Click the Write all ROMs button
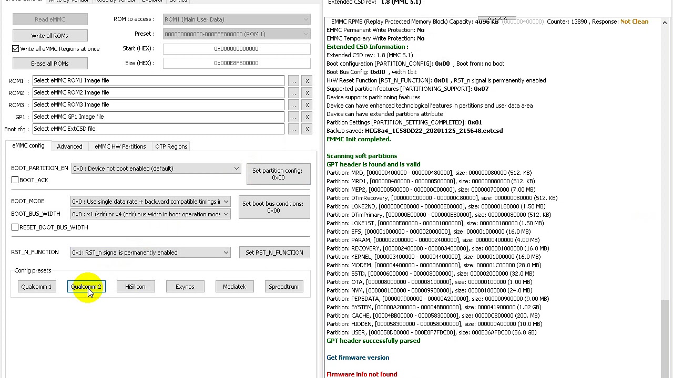pyautogui.click(x=50, y=36)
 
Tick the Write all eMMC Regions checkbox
pyautogui.click(x=16, y=49)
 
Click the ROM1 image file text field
pyautogui.click(x=158, y=80)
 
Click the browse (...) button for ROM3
pyautogui.click(x=293, y=105)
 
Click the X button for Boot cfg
pyautogui.click(x=307, y=129)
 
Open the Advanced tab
pyautogui.click(x=69, y=146)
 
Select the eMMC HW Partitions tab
pyautogui.click(x=120, y=146)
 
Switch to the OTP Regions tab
pyautogui.click(x=171, y=146)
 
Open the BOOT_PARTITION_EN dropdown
pyautogui.click(x=156, y=169)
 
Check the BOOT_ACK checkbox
pyautogui.click(x=15, y=180)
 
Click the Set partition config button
pyautogui.click(x=278, y=174)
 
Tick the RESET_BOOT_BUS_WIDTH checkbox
pyautogui.click(x=15, y=227)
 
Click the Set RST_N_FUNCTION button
pyautogui.click(x=274, y=253)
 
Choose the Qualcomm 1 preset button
pyautogui.click(x=36, y=287)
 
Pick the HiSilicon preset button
pyautogui.click(x=135, y=287)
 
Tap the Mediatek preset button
pyautogui.click(x=234, y=287)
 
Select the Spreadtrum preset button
pyautogui.click(x=283, y=287)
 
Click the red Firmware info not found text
pyautogui.click(x=362, y=374)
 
